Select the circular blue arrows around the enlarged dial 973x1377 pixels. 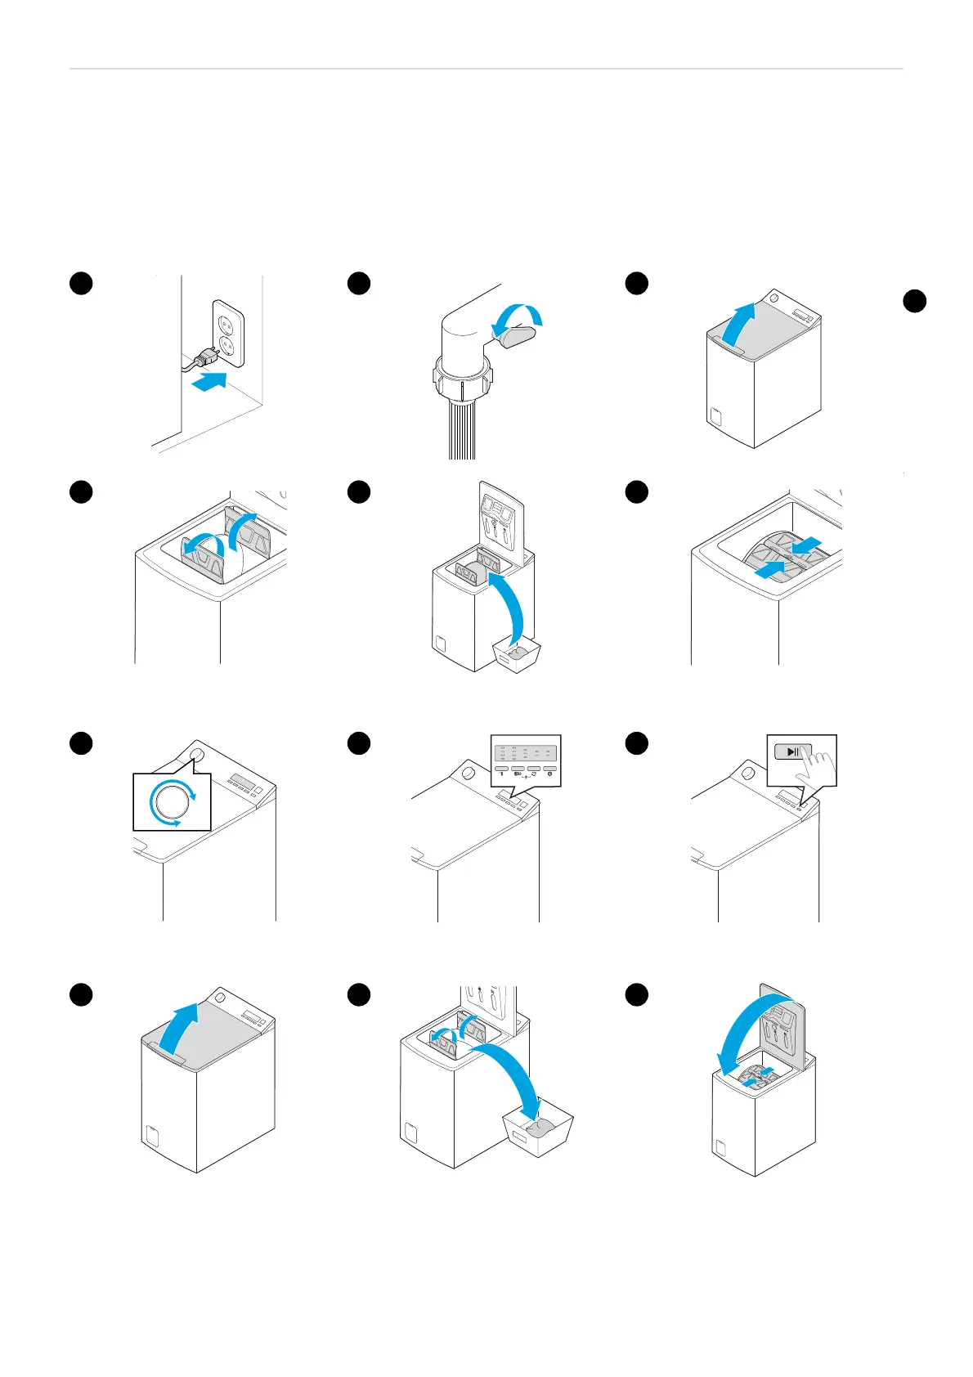[x=173, y=803]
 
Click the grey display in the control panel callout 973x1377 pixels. [x=526, y=753]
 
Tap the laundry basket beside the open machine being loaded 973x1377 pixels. [x=517, y=654]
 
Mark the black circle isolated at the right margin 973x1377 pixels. [x=914, y=301]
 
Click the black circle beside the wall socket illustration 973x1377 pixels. [x=81, y=283]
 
